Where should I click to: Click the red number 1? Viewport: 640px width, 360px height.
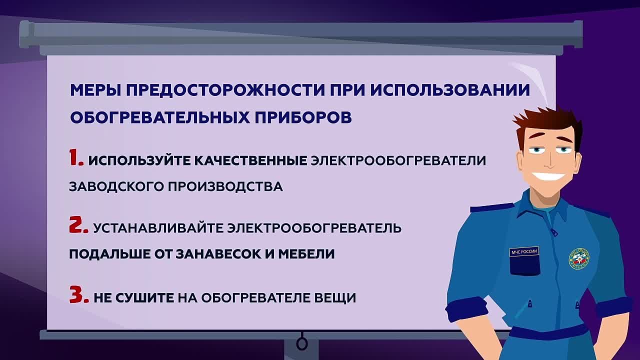coord(76,158)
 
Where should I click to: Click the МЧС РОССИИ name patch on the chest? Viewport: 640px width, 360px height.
coord(524,251)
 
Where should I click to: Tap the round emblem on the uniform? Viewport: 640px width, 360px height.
coord(578,258)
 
